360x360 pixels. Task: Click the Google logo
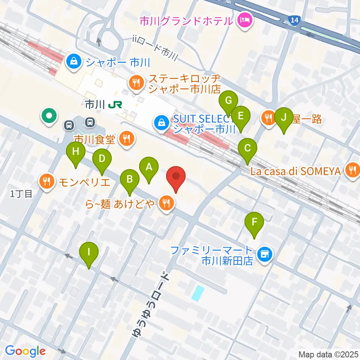25,351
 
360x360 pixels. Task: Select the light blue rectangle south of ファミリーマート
198,293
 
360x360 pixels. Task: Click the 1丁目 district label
21,194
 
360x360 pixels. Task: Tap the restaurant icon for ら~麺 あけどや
166,204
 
